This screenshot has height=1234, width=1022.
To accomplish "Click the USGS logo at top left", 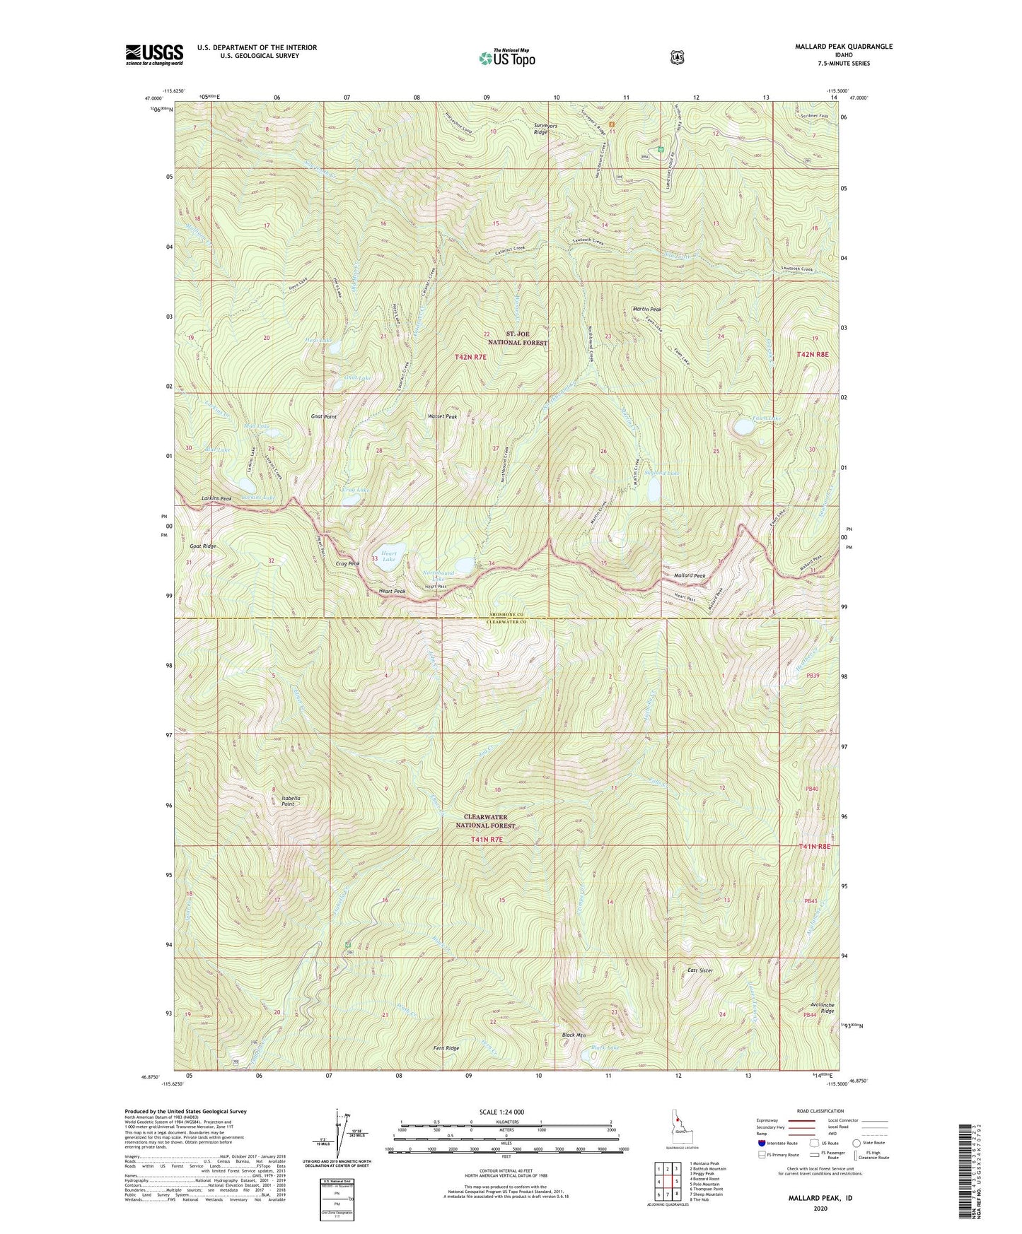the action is click(154, 54).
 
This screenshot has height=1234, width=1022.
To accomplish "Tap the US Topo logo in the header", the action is click(506, 58).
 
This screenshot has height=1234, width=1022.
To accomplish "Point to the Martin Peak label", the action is click(646, 310).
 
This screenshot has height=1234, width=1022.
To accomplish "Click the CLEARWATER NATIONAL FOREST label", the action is click(485, 821).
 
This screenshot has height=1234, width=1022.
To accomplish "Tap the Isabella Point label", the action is click(291, 801).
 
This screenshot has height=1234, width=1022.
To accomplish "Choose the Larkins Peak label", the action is click(216, 499).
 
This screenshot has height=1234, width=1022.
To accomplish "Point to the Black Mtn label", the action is click(574, 1035).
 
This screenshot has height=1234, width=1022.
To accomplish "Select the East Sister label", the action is click(700, 970).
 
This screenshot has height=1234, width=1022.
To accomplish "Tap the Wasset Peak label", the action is click(442, 417).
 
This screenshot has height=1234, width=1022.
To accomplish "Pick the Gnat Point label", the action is click(324, 417).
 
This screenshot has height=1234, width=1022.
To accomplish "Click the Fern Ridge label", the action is click(446, 1048).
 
